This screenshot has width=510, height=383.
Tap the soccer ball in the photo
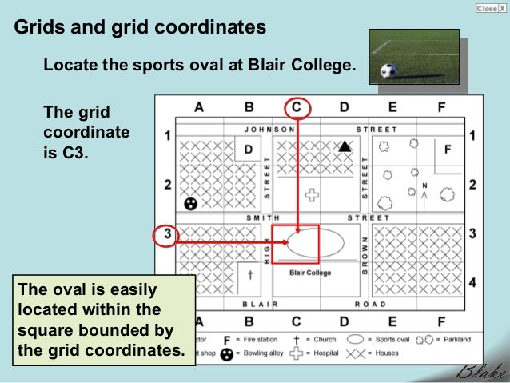388,70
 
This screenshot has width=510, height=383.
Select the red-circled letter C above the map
297,106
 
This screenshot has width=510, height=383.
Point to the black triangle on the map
345,146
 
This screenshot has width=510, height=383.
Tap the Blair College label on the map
309,273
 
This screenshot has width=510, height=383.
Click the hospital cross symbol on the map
312,194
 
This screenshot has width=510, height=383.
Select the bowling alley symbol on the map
190,204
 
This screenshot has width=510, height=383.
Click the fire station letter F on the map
448,149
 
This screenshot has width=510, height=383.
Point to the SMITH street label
263,217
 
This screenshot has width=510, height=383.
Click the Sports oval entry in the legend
388,339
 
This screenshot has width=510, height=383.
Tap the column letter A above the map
198,106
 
